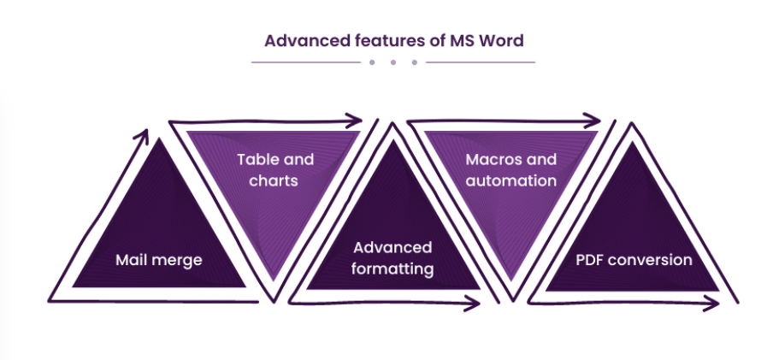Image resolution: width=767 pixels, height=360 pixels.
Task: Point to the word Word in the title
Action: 481,40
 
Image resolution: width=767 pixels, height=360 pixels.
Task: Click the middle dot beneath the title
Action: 393,62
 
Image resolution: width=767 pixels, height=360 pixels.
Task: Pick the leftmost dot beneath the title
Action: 372,62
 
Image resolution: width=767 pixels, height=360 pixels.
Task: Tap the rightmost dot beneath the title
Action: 415,62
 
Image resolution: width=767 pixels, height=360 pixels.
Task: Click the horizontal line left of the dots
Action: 304,62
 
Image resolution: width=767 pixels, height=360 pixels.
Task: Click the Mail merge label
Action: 159,260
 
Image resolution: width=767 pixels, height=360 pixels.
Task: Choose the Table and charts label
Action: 274,169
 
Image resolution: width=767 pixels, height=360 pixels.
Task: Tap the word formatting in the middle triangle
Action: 394,269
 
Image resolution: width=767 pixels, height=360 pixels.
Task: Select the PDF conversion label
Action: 633,260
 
